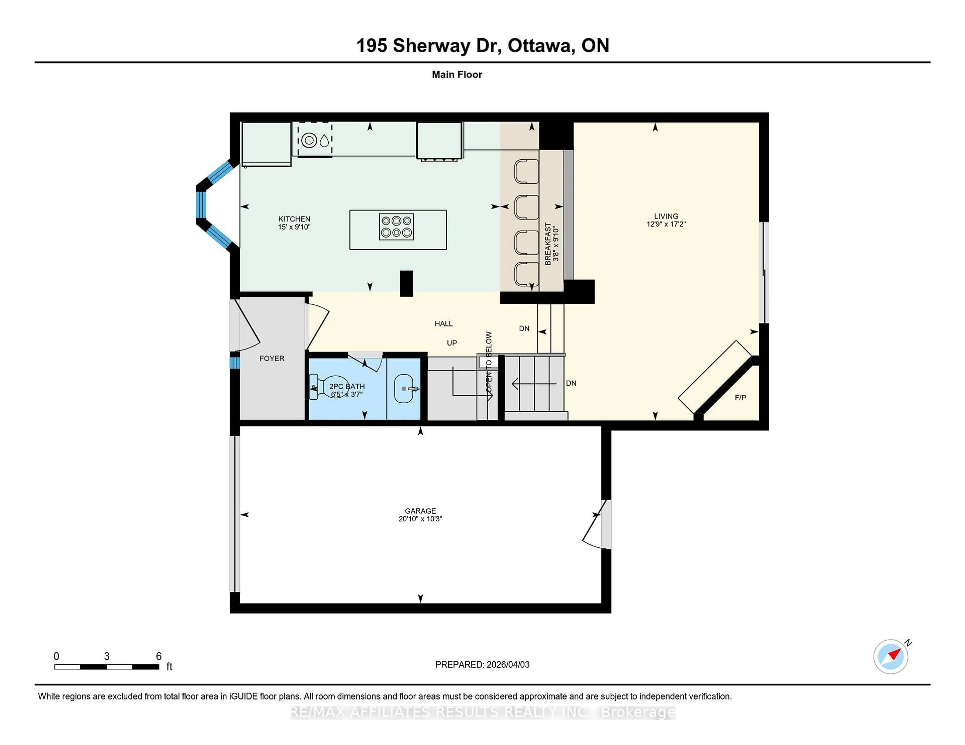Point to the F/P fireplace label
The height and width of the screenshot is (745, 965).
pos(741,398)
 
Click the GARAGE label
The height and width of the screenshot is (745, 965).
pos(420,511)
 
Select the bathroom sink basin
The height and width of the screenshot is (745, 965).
pos(403,388)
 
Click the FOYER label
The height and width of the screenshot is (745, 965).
pos(272,358)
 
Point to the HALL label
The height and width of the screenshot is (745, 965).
pos(444,324)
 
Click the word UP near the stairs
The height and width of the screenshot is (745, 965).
pos(452,343)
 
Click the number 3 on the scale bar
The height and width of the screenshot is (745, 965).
pos(107,656)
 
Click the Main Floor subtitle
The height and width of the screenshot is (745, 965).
pos(457,75)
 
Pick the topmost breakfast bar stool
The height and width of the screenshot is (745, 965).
pos(526,171)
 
